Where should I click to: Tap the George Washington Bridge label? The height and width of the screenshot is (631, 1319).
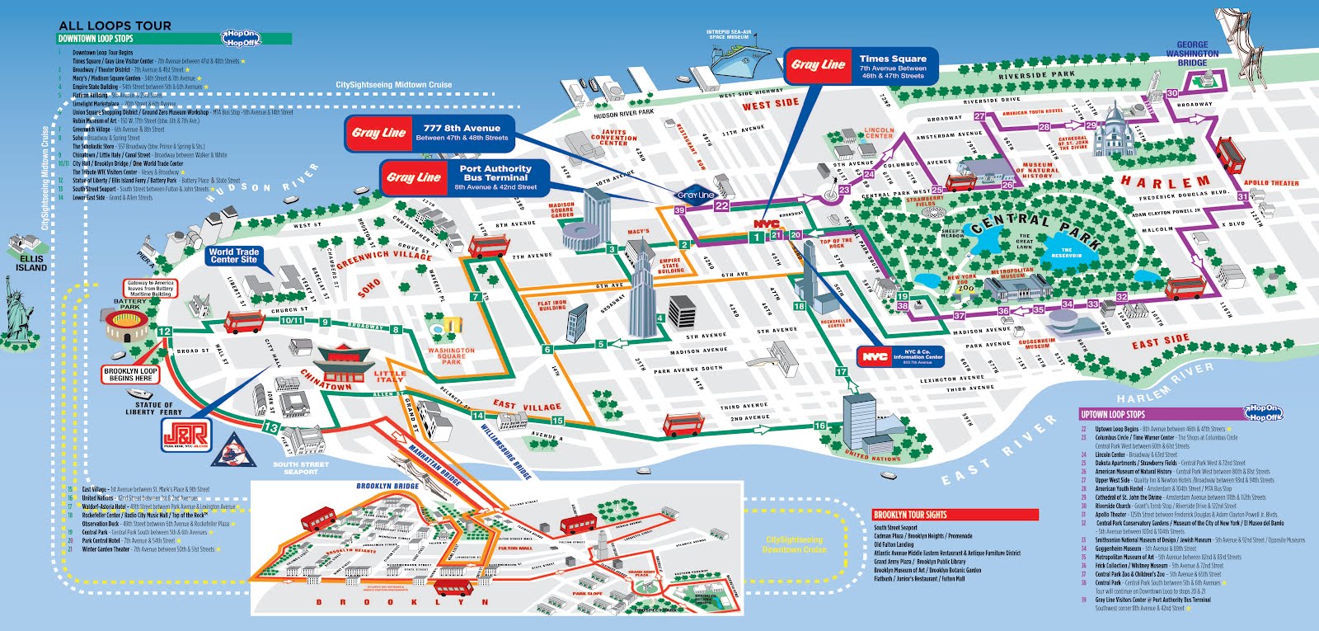[x=1192, y=54]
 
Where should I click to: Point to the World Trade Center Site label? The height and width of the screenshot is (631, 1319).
[x=233, y=256]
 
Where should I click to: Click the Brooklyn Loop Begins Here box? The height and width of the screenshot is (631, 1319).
[x=130, y=374]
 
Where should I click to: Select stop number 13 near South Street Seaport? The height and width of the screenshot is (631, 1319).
[x=271, y=427]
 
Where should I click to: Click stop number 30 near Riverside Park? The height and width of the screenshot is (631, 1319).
[x=1171, y=93]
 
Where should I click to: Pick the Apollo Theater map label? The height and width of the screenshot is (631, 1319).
[x=1270, y=183]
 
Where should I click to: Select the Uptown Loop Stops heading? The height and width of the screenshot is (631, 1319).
[x=1113, y=414]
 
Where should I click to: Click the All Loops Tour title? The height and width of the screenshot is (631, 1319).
[x=115, y=26]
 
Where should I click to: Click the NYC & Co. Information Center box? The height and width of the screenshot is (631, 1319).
[x=900, y=356]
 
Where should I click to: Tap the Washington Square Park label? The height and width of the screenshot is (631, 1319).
[x=451, y=356]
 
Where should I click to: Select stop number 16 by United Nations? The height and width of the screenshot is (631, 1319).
[x=820, y=426]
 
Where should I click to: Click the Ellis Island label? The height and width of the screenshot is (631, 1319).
[x=31, y=263]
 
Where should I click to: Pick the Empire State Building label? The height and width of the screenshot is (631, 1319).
[x=670, y=266]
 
